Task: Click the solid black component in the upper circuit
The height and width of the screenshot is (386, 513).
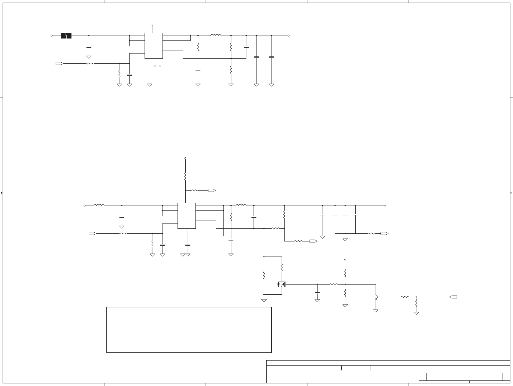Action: [x=66, y=36]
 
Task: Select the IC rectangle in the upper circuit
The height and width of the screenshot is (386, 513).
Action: [x=153, y=46]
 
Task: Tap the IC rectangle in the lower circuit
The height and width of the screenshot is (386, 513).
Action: [x=186, y=216]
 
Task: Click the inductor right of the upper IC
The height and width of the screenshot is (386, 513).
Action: [x=216, y=35]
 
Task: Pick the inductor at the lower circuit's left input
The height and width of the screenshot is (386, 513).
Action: [x=99, y=205]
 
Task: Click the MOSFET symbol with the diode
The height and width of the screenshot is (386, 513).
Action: [x=281, y=284]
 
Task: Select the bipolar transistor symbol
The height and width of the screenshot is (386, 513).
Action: [x=377, y=297]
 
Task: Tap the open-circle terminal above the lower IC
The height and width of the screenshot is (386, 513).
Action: [x=185, y=158]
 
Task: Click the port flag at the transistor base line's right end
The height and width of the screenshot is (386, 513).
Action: [x=453, y=297]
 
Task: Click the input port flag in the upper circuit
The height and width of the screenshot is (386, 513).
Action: [x=59, y=63]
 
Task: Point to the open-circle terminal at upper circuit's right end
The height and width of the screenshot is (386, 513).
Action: [x=289, y=36]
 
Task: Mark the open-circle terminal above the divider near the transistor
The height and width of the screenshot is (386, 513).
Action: [x=345, y=260]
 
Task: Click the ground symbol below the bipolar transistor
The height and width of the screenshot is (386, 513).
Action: [x=376, y=311]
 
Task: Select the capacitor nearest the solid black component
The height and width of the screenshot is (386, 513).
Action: [x=89, y=47]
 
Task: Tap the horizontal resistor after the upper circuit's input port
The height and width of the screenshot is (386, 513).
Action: [x=90, y=63]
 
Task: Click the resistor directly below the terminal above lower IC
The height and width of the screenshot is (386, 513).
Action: [x=185, y=177]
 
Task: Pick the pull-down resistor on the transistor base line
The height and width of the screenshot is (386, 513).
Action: [x=416, y=304]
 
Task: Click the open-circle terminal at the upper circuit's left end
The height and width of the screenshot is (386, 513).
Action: [x=52, y=36]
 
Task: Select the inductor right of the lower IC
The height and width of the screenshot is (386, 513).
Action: [x=241, y=205]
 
